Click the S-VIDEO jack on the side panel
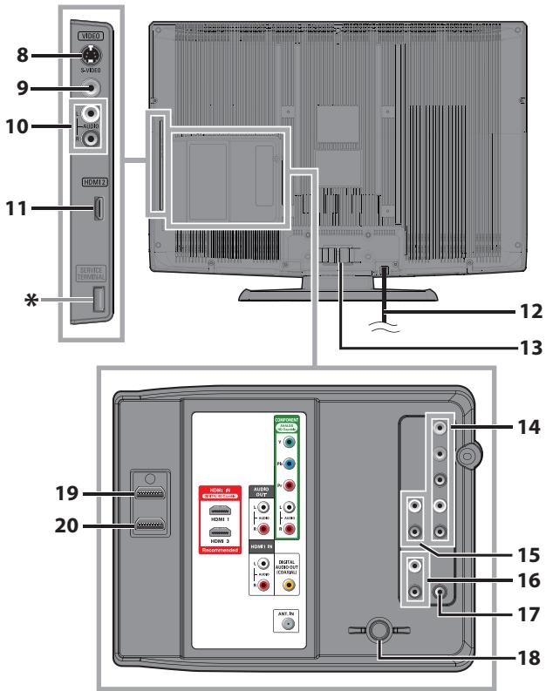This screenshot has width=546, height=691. coord(91,52)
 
